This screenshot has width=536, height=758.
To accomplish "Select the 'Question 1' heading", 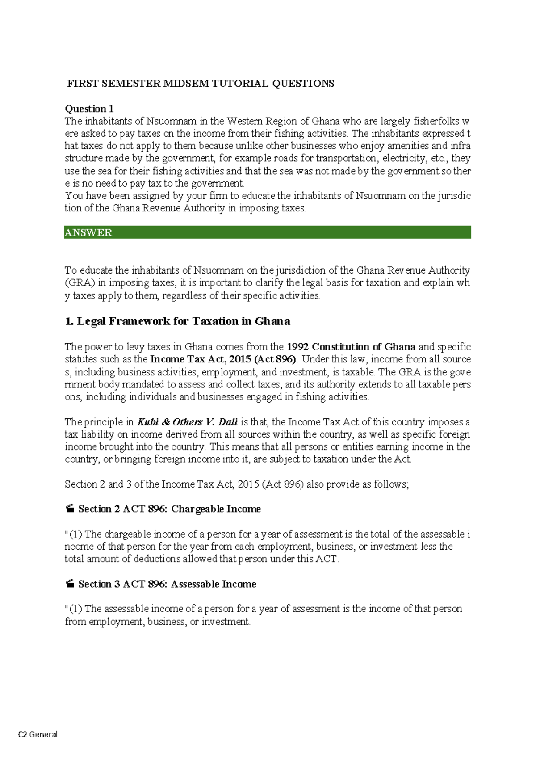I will [x=89, y=109].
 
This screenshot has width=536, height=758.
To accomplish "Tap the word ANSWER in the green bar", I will [x=88, y=232].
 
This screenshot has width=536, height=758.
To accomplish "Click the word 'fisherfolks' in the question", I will [x=436, y=121].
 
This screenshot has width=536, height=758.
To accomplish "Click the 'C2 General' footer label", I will [x=38, y=734].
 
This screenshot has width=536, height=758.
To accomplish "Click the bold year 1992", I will [x=297, y=347].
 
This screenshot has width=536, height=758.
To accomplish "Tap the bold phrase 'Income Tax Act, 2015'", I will [x=200, y=359].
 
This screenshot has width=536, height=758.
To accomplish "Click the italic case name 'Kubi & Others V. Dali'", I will [x=187, y=422].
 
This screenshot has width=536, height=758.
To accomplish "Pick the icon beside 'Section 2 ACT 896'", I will [x=70, y=509].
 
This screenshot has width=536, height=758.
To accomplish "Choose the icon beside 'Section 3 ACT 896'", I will [x=70, y=584].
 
